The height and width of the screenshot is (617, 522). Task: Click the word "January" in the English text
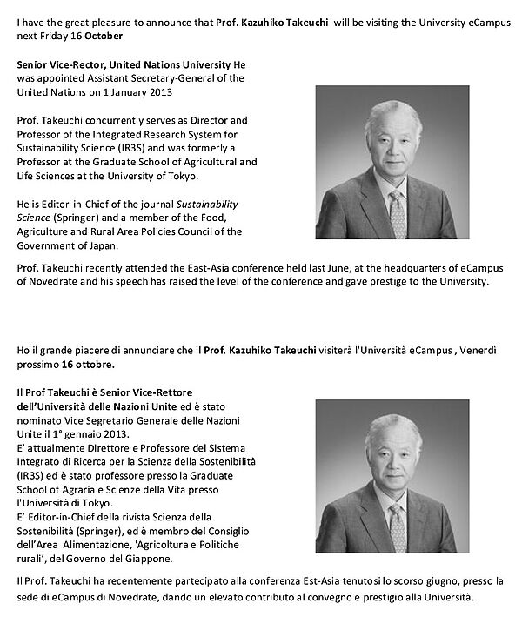coord(119,92)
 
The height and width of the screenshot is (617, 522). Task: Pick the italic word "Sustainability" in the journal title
coord(202,204)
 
